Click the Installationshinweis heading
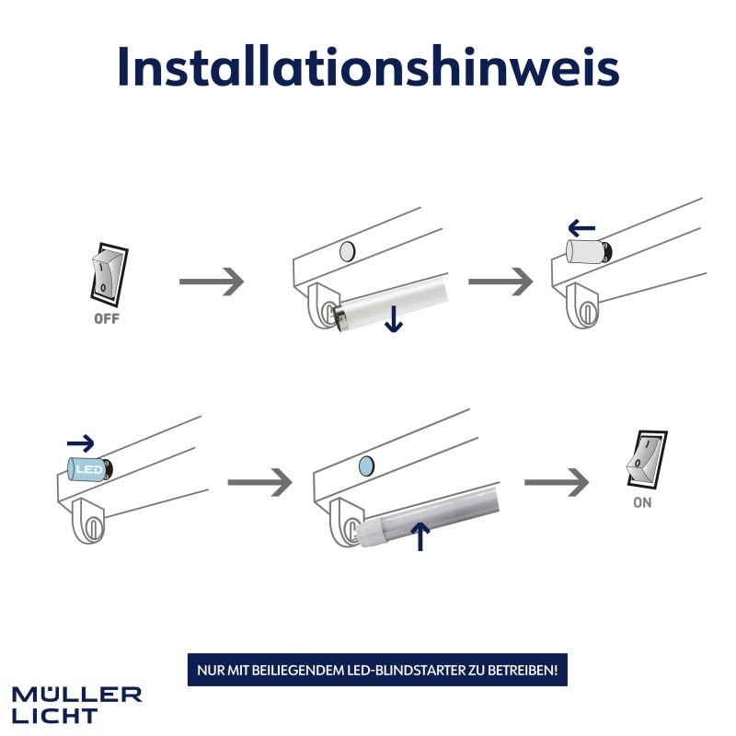[369, 66]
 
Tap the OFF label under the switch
[107, 318]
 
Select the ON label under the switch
[642, 502]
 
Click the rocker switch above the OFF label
[109, 272]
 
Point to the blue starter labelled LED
[90, 468]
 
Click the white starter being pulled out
[589, 251]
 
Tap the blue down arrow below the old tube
[394, 318]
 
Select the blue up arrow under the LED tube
[420, 536]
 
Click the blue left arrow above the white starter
[581, 229]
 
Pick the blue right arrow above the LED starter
[81, 443]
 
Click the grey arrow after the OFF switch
[212, 282]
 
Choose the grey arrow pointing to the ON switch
[557, 482]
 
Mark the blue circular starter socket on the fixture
[366, 466]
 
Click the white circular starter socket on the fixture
[348, 251]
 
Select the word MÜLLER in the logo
[77, 695]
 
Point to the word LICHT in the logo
[55, 717]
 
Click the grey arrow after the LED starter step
[260, 482]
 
